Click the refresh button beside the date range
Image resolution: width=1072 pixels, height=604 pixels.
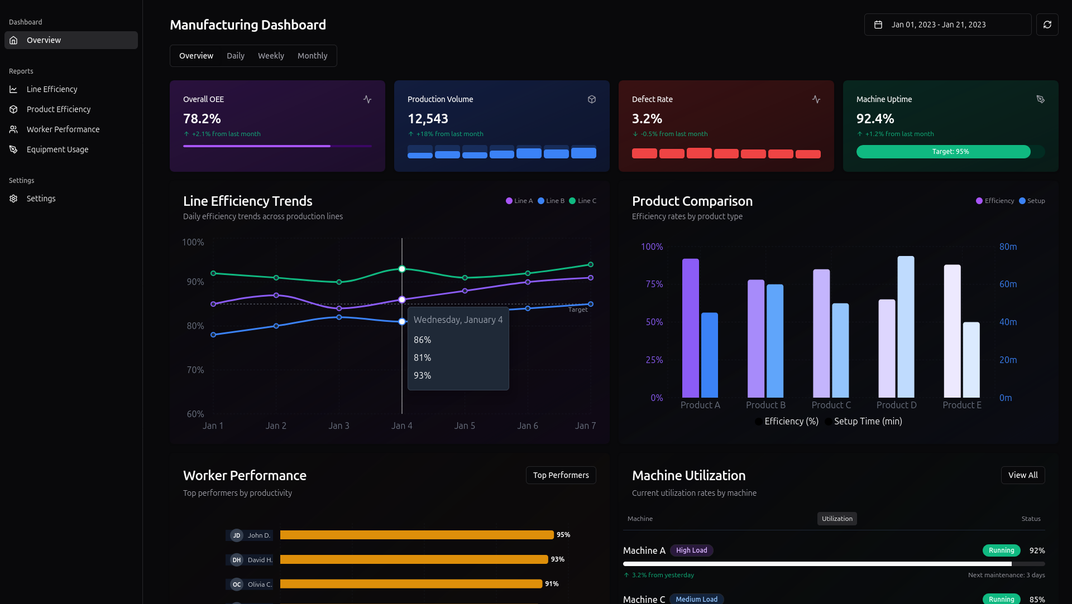coord(1047,25)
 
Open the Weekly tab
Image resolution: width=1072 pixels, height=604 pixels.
coord(271,56)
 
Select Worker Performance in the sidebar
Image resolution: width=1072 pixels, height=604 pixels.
coord(63,129)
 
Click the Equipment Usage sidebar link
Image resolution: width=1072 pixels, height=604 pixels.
coord(58,149)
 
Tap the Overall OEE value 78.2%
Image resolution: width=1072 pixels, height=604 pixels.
coord(202,119)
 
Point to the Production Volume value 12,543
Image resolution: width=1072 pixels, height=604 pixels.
coord(428,119)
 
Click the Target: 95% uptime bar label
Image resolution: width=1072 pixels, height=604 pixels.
coord(950,152)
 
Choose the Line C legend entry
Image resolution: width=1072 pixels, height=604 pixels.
coord(583,201)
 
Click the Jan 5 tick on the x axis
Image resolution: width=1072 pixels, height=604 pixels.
coord(465,426)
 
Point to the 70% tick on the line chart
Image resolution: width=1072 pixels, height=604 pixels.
coord(195,370)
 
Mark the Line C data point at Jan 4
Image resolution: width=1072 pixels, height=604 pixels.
coord(402,269)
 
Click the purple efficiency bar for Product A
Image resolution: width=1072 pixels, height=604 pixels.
coord(691,328)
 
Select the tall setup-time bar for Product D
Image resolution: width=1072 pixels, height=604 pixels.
coord(906,327)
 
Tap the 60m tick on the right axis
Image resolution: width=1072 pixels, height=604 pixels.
coord(1008,284)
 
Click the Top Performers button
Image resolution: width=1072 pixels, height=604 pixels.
coord(561,475)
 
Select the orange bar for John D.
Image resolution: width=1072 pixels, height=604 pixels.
coord(417,535)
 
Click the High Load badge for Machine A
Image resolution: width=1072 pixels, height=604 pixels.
coord(692,550)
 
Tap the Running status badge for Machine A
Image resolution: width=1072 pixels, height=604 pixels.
coord(1002,550)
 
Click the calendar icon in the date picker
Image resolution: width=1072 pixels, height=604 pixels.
coord(878,25)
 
